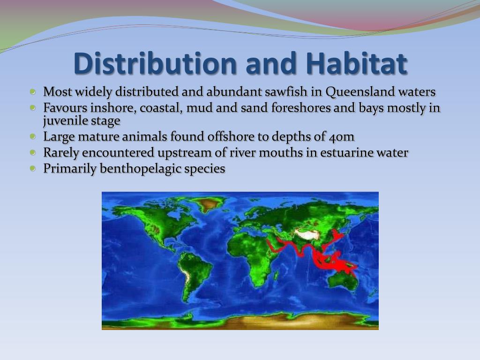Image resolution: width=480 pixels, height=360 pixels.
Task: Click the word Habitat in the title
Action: coord(357,64)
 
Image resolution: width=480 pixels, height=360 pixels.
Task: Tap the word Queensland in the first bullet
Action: coord(360,92)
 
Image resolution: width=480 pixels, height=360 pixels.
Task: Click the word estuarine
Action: coord(346,152)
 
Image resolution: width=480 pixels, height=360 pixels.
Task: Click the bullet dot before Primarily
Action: coord(33,168)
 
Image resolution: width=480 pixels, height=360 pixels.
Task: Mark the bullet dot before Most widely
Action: coord(33,91)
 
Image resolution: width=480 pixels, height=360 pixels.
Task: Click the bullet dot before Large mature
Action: coord(33,136)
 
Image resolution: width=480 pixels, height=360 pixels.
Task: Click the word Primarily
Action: coord(70,169)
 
